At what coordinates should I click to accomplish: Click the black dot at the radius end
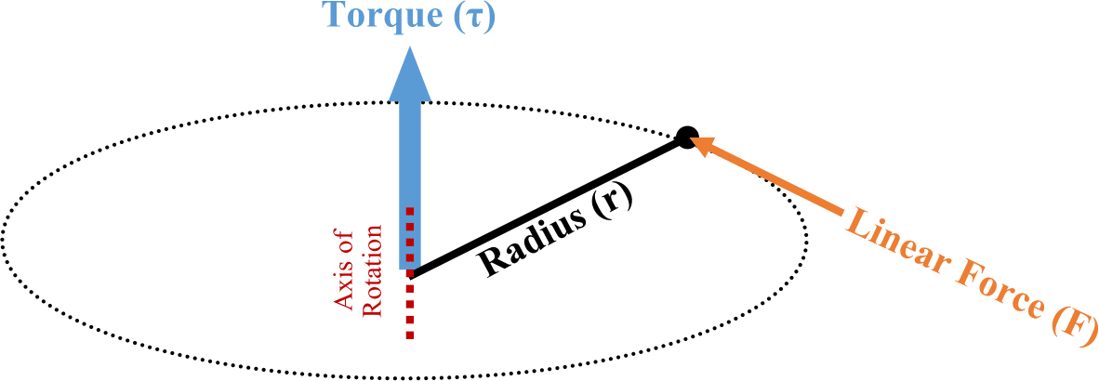coord(686,138)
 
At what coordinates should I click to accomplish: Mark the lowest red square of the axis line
coord(410,333)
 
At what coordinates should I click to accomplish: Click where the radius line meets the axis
coord(411,275)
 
